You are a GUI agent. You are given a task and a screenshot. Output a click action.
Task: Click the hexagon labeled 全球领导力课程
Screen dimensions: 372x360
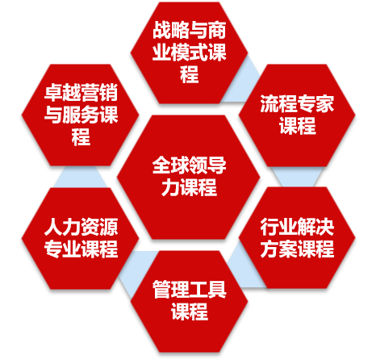[188, 177]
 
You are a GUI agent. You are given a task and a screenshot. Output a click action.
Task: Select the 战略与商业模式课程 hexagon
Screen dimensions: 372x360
[189, 52]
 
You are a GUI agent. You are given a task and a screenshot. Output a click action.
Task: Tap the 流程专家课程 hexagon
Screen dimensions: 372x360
[297, 115]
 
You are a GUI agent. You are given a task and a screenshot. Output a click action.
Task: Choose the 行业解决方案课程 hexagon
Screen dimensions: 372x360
[297, 237]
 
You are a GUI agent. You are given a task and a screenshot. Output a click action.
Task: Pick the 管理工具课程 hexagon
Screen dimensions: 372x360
[189, 301]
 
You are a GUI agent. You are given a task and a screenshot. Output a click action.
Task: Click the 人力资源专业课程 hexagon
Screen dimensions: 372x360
[80, 238]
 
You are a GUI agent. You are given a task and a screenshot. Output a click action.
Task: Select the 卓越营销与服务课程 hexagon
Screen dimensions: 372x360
[80, 115]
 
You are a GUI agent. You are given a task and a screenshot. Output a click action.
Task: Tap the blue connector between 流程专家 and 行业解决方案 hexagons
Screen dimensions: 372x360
[297, 177]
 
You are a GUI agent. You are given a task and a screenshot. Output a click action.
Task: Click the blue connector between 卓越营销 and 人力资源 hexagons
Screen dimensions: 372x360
[80, 177]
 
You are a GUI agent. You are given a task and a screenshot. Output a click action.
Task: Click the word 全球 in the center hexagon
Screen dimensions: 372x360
[170, 165]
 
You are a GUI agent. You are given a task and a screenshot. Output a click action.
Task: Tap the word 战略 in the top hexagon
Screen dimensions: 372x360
[171, 30]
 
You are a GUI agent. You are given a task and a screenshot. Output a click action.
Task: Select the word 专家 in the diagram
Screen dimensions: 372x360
[316, 103]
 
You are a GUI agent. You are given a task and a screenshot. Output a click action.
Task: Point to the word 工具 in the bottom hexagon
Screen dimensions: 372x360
[207, 290]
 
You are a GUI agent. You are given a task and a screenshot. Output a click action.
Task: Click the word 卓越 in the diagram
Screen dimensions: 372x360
[62, 93]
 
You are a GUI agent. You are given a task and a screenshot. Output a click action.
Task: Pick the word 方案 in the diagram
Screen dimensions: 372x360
[278, 249]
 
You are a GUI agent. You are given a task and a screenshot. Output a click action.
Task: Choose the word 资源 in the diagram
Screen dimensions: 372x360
[99, 228]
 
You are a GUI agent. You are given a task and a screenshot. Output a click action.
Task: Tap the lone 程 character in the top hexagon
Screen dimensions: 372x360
[189, 74]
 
